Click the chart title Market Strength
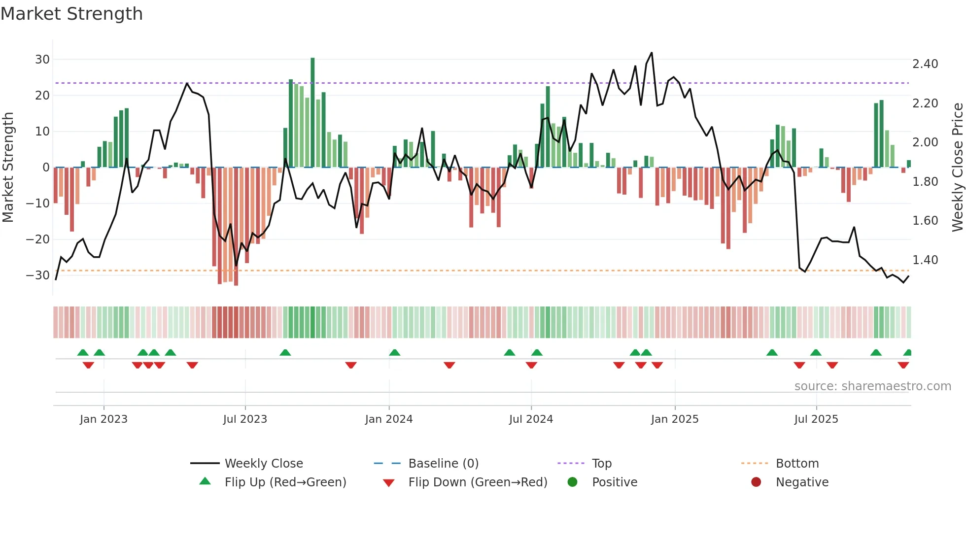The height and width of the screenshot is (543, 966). (71, 14)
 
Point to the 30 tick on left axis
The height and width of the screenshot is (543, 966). (42, 60)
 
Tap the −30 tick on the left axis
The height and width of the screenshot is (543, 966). (38, 275)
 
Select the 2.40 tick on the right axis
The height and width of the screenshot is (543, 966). (925, 64)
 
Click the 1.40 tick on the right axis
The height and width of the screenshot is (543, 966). (925, 260)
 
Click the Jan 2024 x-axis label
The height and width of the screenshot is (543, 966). (389, 419)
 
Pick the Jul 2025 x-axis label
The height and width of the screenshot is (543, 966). (816, 419)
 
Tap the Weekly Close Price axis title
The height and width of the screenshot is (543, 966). (957, 168)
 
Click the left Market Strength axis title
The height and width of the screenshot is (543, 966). (8, 168)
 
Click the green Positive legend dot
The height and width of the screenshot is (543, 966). (572, 482)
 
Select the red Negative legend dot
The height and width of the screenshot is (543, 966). (756, 482)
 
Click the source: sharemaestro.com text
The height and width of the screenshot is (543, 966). (872, 386)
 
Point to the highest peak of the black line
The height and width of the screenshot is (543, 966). (652, 53)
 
